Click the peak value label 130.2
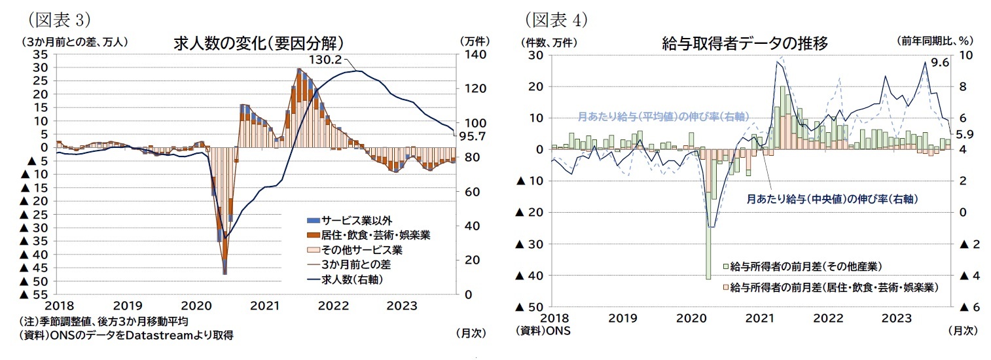coord(325,60)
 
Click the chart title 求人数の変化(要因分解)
coord(259,43)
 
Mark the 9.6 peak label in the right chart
coord(939,63)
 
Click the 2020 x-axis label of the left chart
coord(196,306)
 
